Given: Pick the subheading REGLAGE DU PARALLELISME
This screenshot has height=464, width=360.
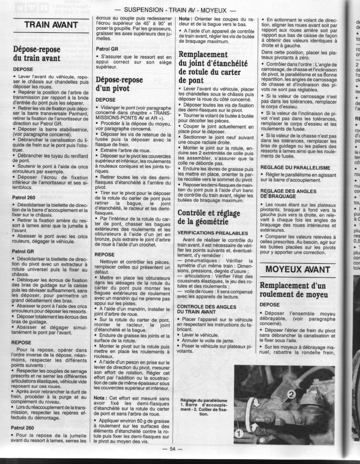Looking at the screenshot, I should click(295, 167).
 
